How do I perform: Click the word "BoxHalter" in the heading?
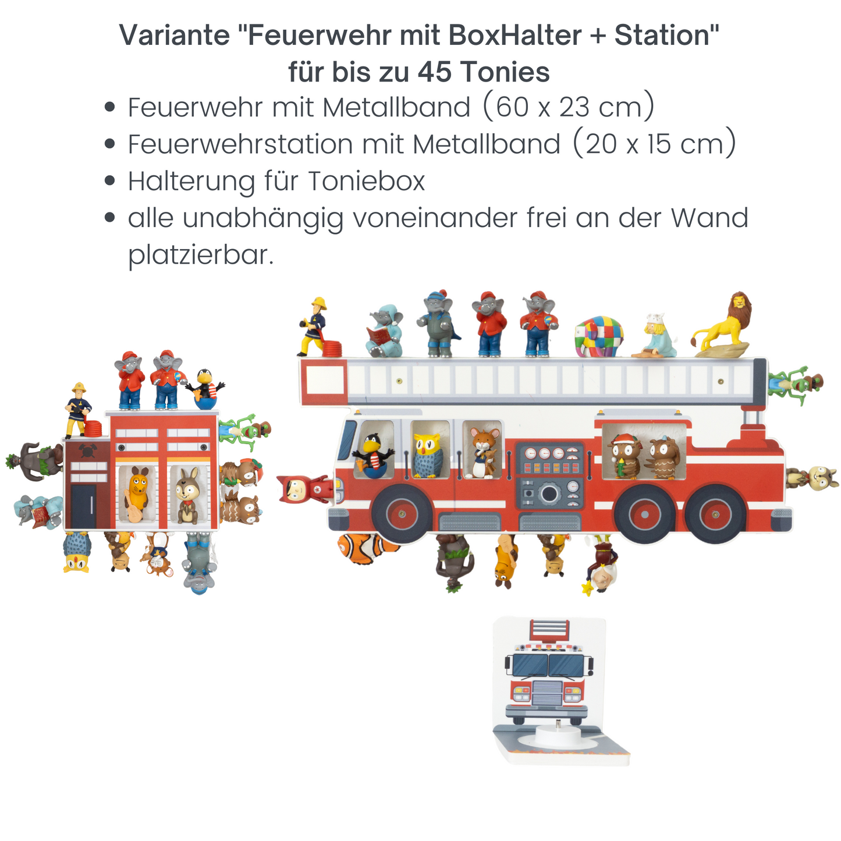pos(515,36)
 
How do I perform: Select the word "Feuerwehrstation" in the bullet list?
pos(240,144)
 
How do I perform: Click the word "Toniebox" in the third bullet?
pos(366,181)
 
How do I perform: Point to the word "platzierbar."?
pos(201,255)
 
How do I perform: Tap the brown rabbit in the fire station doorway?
pos(187,495)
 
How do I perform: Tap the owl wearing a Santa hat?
pos(625,456)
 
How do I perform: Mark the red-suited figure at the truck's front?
pos(301,488)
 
